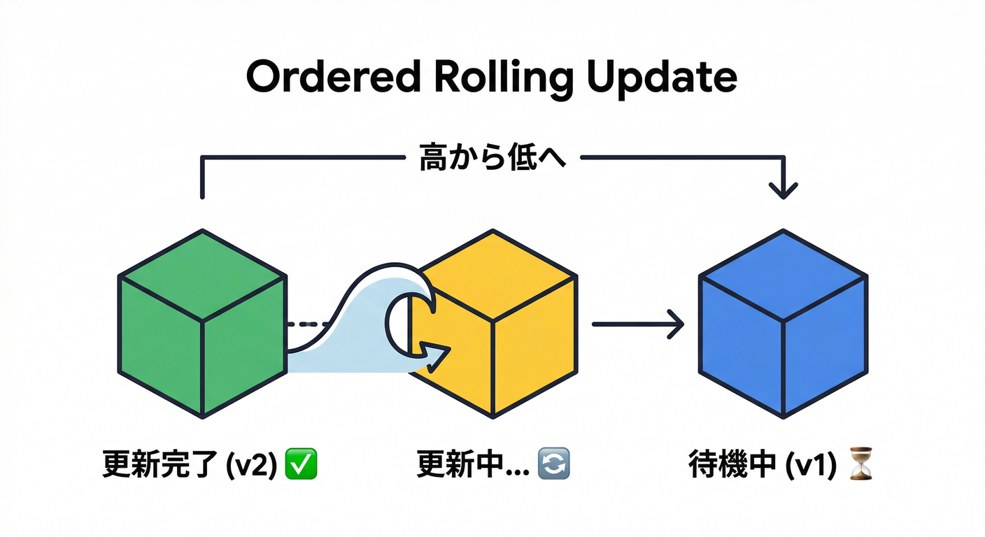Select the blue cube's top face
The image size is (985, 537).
784,275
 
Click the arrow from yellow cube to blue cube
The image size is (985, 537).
637,324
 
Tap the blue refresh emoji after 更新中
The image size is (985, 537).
553,464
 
